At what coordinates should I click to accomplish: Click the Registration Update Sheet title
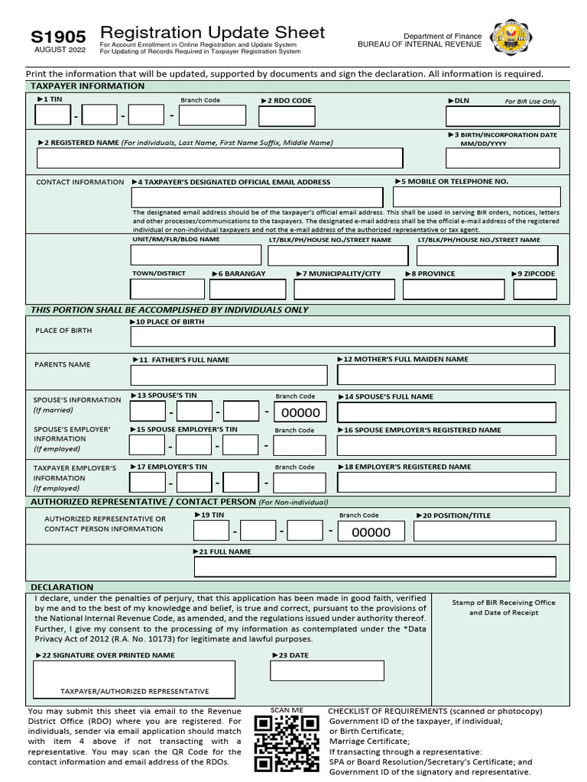tap(212, 33)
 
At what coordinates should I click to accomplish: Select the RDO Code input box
tap(287, 116)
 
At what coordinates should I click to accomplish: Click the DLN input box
tap(503, 116)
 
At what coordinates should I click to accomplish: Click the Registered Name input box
tap(219, 158)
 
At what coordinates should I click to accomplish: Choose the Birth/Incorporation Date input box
tap(503, 158)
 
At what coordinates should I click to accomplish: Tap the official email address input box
tap(257, 197)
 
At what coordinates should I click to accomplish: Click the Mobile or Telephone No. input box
tap(476, 197)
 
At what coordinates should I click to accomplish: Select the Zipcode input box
tap(535, 289)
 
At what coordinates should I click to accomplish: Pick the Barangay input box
tap(247, 289)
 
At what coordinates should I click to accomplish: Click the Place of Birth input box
tap(342, 337)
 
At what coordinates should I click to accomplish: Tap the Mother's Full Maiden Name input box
tap(446, 375)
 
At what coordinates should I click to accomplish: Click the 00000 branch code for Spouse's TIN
tap(300, 413)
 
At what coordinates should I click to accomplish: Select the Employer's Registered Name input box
tap(446, 483)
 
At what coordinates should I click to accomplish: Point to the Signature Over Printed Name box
tap(135, 679)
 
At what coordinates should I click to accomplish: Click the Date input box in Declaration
tap(327, 671)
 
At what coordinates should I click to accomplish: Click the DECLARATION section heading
tap(63, 587)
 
